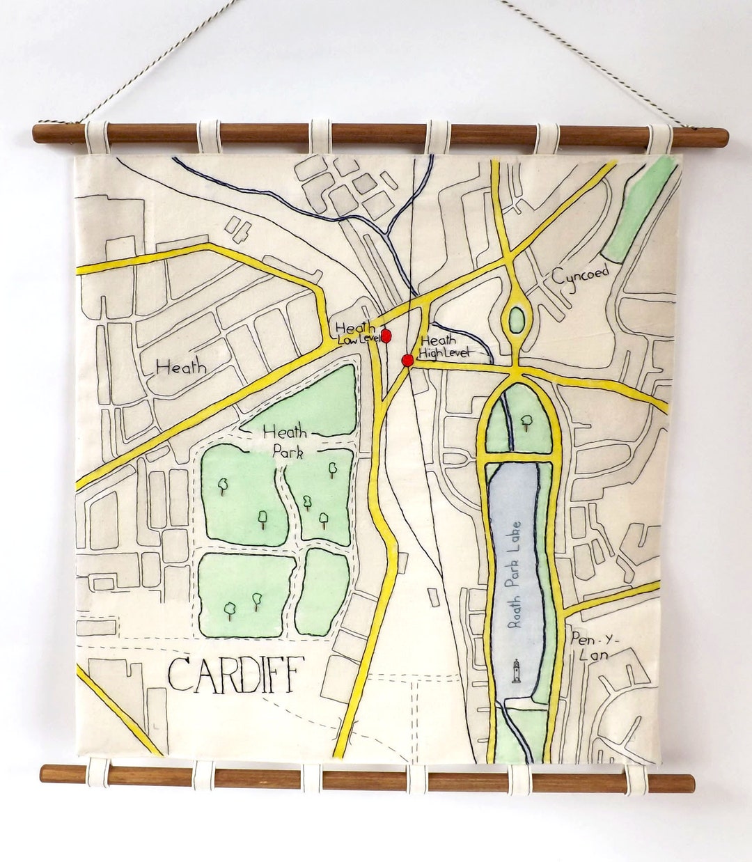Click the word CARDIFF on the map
(x=235, y=675)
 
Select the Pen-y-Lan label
(x=590, y=646)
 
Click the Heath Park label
(x=285, y=442)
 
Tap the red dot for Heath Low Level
(x=386, y=336)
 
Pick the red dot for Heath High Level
(x=407, y=360)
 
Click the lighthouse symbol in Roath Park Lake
(x=516, y=671)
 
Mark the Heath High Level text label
(x=441, y=347)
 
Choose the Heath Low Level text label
(x=358, y=334)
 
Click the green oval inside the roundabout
(x=517, y=320)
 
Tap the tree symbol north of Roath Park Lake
(x=526, y=421)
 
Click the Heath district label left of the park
(x=181, y=366)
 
